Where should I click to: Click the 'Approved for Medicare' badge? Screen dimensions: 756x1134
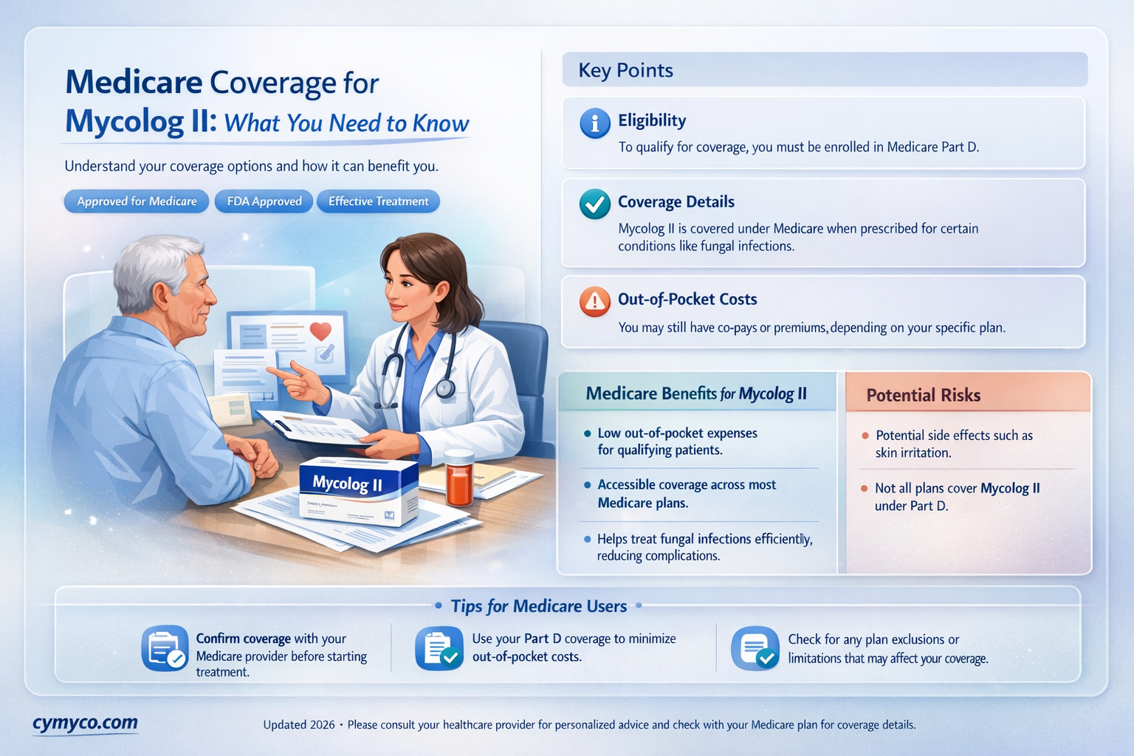[x=137, y=202]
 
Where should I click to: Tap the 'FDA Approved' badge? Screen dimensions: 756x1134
[x=264, y=202]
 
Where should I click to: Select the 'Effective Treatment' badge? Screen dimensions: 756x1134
[x=378, y=202]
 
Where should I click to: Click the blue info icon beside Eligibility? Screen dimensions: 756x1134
[x=595, y=123]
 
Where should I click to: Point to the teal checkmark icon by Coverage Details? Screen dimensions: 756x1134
[x=595, y=205]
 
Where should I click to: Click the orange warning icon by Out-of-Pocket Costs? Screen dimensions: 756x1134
[x=595, y=302]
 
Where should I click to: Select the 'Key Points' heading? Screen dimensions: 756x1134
[x=626, y=70]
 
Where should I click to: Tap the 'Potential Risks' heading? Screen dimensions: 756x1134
[x=923, y=396]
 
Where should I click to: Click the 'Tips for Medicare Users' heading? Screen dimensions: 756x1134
[x=539, y=606]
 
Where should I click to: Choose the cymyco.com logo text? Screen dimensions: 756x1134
[x=85, y=723]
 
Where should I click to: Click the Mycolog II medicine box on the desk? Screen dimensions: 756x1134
[x=358, y=491]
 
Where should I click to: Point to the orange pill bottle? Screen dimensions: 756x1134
[x=459, y=478]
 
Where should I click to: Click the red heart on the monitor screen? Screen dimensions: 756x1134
[x=320, y=331]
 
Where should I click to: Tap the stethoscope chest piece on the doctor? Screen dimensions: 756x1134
[x=445, y=388]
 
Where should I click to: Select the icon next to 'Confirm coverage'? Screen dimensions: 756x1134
[x=165, y=649]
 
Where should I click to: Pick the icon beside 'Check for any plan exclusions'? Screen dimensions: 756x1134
[x=755, y=649]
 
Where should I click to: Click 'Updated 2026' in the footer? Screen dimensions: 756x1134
[x=299, y=725]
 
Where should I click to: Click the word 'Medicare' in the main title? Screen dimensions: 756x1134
[x=134, y=82]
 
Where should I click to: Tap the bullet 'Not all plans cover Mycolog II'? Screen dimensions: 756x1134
[x=957, y=497]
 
